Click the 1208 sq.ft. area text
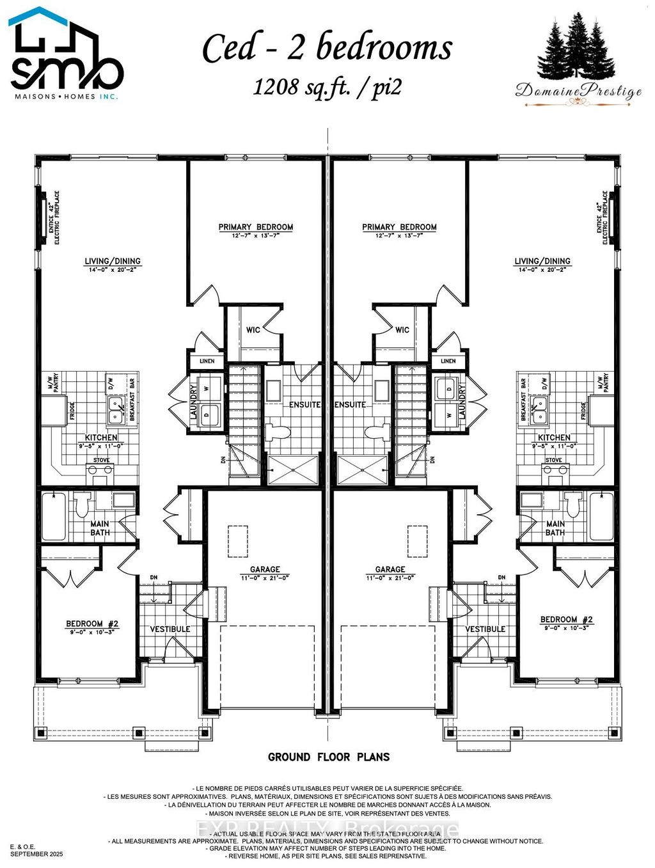click(x=327, y=86)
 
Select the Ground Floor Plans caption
click(x=328, y=757)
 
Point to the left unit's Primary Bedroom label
click(x=255, y=227)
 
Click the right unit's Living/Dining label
click(x=542, y=261)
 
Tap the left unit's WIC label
click(x=253, y=330)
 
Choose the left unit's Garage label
click(x=265, y=569)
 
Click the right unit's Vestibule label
click(x=485, y=629)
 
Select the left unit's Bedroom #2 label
click(x=92, y=624)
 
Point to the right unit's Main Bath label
click(x=555, y=528)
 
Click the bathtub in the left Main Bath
click(x=54, y=516)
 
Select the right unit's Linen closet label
click(x=448, y=361)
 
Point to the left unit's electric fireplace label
click(x=54, y=217)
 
